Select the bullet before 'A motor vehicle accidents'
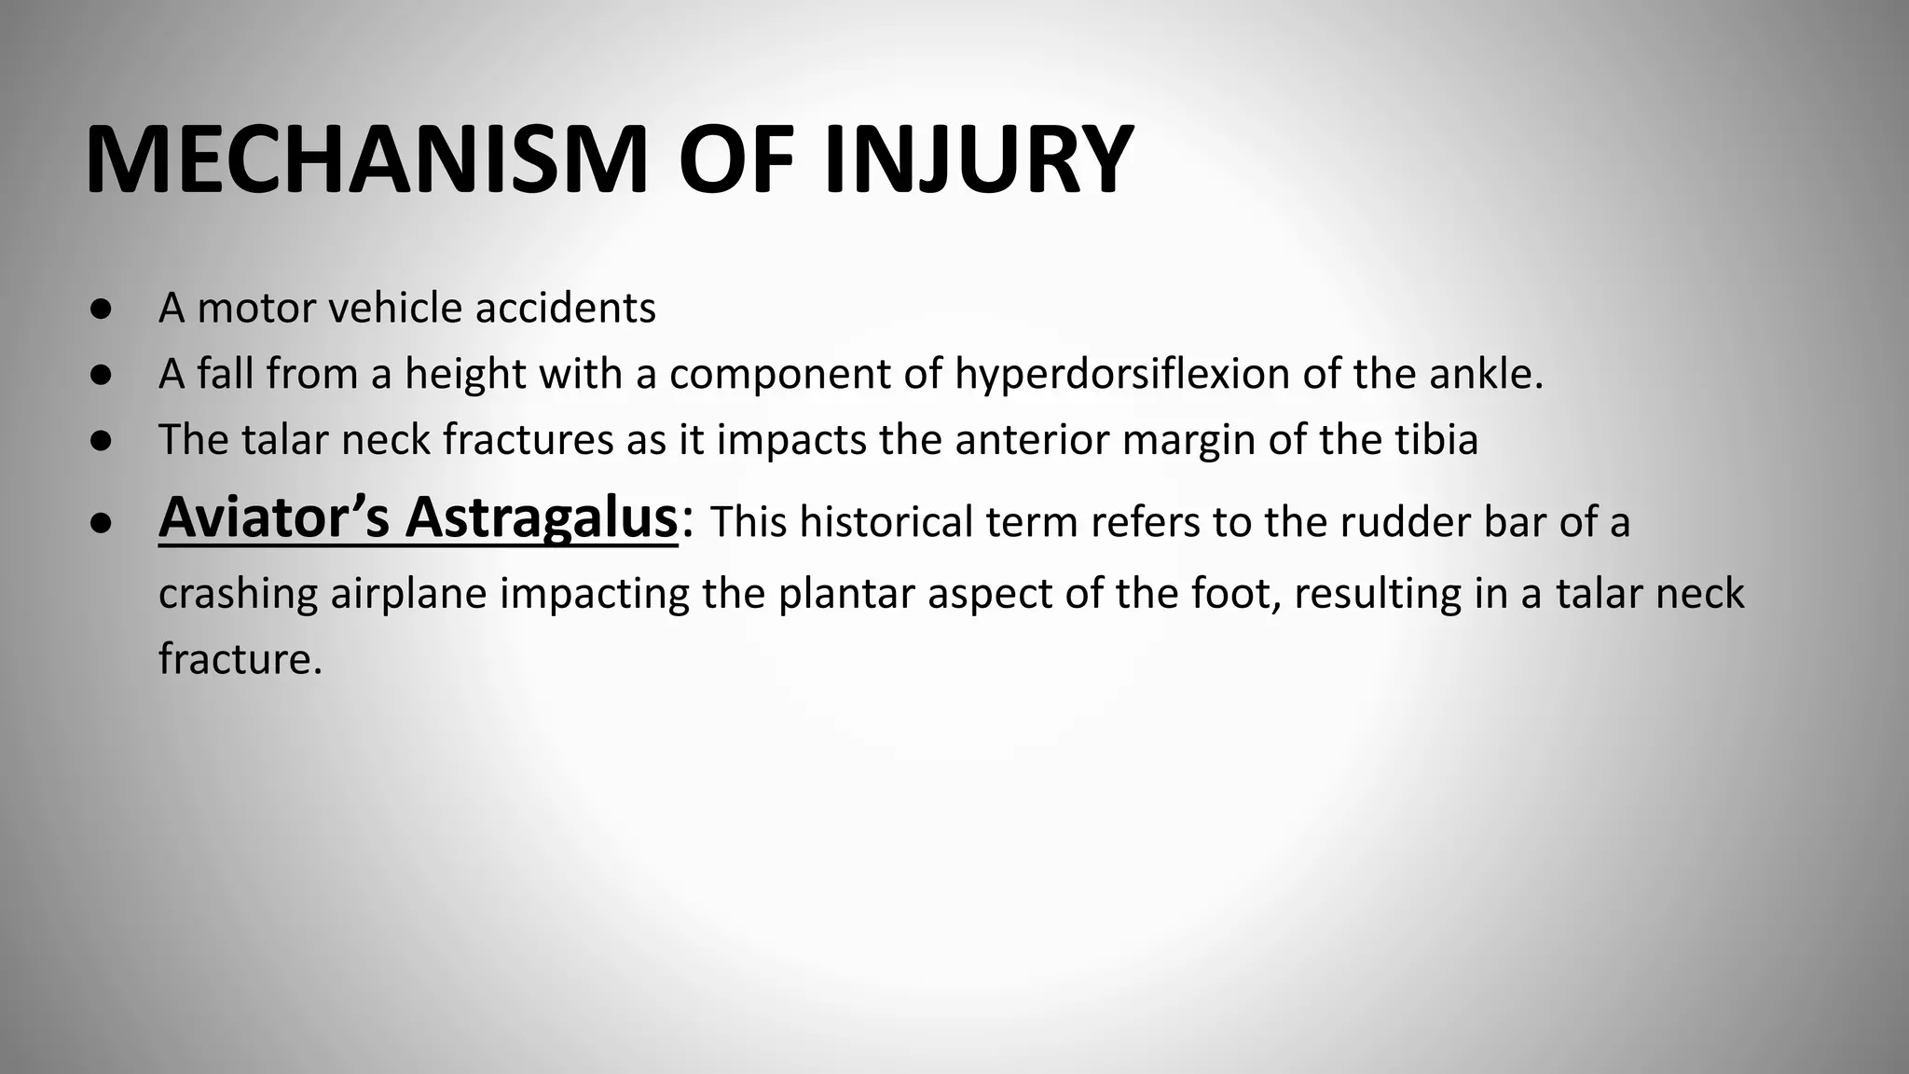tap(102, 309)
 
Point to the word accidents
tap(565, 309)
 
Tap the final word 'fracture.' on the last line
tap(240, 659)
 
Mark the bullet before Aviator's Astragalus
tap(102, 524)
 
